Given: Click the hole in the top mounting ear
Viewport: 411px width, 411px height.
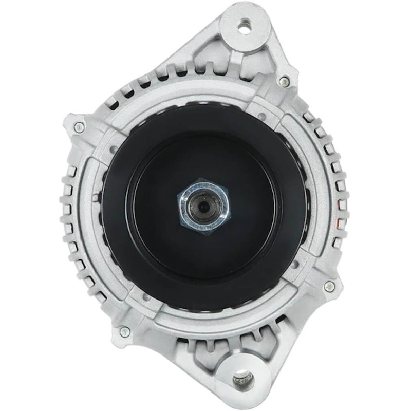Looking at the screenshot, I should (x=244, y=25).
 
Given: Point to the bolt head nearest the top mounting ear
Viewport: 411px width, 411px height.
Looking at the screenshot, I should (x=283, y=81).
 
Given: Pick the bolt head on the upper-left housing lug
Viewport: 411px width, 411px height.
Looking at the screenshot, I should (x=78, y=126).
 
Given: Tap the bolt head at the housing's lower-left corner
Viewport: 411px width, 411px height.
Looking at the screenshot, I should (x=124, y=331).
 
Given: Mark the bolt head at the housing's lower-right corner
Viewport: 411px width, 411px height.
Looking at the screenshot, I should (x=329, y=286).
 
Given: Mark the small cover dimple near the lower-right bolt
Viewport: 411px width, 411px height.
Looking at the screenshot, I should (x=295, y=264).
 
